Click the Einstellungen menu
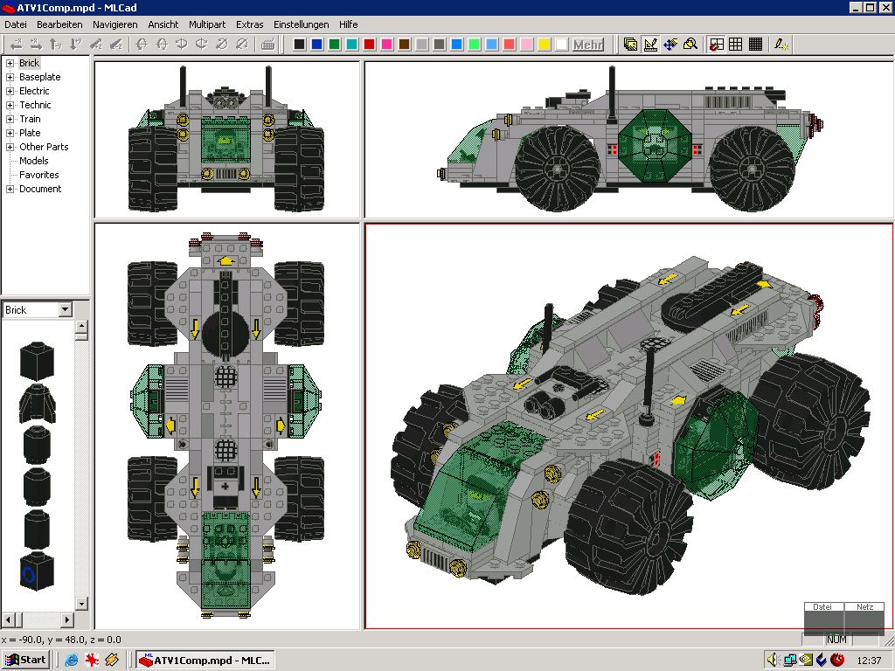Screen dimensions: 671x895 (x=301, y=24)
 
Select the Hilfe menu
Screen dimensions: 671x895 (x=348, y=24)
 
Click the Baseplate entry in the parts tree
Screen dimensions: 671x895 (x=39, y=77)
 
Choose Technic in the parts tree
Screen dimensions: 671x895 (x=35, y=105)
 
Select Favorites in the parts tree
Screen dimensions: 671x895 (x=38, y=175)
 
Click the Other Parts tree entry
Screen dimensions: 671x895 (x=44, y=147)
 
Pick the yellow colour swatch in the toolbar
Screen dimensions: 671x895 (x=544, y=45)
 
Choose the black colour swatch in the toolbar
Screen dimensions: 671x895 (x=300, y=45)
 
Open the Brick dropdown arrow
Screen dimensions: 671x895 (x=65, y=310)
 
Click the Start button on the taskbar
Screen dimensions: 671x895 (x=26, y=660)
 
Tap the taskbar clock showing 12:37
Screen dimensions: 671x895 (x=869, y=661)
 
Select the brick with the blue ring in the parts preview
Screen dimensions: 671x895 (x=37, y=571)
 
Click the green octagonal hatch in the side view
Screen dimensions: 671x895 (x=655, y=141)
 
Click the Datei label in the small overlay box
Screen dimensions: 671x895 (x=822, y=606)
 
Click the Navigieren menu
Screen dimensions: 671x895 (x=114, y=24)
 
